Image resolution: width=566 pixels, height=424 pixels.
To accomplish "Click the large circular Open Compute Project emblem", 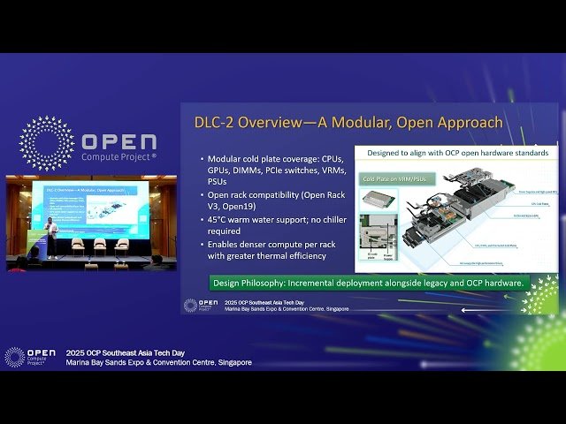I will point(46,143).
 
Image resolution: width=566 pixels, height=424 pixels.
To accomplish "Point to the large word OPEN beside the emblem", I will point(119,141).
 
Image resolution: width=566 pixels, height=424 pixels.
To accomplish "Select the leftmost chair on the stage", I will point(79,246).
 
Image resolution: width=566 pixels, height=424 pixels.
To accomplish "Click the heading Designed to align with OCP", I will point(455,153).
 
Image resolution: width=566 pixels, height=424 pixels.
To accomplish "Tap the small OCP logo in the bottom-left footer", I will point(15,357).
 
